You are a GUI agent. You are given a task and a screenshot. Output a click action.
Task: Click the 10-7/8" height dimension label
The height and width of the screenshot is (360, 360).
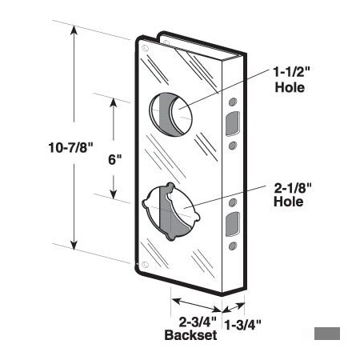[47, 146]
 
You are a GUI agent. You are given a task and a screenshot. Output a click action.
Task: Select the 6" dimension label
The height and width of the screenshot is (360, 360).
[114, 158]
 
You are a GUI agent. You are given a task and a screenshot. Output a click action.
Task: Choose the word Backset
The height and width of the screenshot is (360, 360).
[190, 336]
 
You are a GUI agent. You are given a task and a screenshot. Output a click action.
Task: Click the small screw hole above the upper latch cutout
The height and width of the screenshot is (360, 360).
[233, 102]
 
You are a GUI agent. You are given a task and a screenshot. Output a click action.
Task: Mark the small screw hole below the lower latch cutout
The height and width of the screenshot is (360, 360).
[233, 245]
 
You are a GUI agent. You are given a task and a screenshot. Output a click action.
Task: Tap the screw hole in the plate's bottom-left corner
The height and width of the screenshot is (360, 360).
[145, 263]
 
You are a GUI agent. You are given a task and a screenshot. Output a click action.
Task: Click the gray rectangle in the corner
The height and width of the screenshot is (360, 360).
[327, 334]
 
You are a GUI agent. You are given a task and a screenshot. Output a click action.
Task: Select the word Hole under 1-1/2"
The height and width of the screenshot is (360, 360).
[288, 87]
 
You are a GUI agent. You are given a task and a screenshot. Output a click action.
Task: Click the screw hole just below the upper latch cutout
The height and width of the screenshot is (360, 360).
[233, 146]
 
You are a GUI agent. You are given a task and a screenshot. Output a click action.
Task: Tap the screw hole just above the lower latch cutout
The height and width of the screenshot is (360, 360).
[233, 201]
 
